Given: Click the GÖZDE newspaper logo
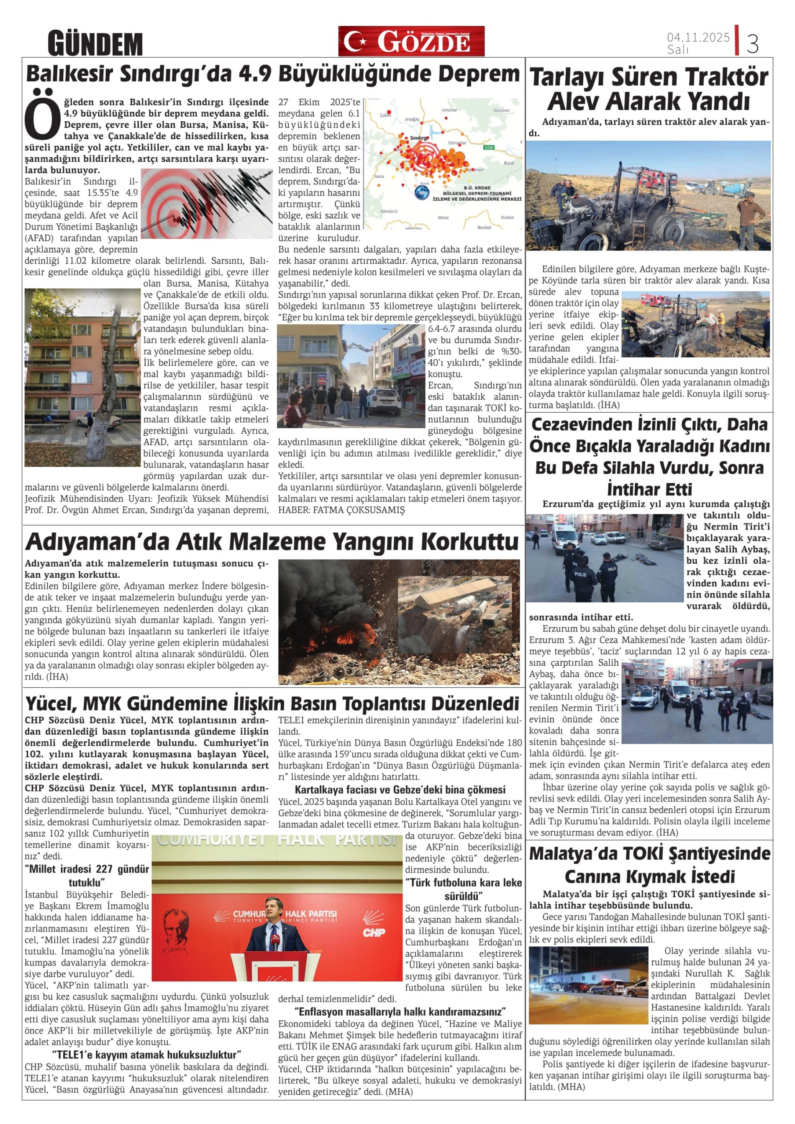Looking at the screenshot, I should pyautogui.click(x=411, y=41).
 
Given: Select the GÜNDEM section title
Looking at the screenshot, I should pyautogui.click(x=95, y=43).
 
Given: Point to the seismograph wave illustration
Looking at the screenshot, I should pyautogui.click(x=206, y=203).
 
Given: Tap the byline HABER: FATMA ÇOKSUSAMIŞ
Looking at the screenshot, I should pyautogui.click(x=341, y=510).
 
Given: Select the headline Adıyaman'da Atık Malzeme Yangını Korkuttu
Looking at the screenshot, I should pyautogui.click(x=272, y=542).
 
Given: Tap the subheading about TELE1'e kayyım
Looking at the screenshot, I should pyautogui.click(x=146, y=1054).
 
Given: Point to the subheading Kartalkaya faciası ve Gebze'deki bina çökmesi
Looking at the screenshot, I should pyautogui.click(x=400, y=789).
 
